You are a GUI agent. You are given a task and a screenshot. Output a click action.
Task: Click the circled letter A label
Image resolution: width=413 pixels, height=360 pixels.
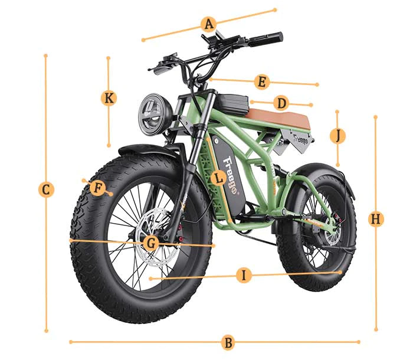tap(208, 24)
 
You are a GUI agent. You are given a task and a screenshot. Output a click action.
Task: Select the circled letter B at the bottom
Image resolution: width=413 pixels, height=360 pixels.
tap(228, 342)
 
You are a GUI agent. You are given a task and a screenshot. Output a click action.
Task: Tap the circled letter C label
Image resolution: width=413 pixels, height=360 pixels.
tap(46, 190)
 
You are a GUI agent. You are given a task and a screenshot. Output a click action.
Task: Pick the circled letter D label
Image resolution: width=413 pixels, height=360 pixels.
tap(281, 104)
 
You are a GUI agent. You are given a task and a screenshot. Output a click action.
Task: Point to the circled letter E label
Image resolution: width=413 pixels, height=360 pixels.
tap(262, 82)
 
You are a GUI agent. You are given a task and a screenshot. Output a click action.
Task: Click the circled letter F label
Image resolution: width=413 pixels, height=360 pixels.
tap(99, 188)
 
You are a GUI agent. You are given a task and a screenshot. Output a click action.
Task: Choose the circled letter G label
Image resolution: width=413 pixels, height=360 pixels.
tap(150, 242)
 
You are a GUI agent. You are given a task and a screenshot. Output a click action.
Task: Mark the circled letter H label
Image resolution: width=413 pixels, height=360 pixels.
tap(376, 220)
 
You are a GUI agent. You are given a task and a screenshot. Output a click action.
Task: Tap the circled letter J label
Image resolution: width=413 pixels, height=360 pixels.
tap(337, 136)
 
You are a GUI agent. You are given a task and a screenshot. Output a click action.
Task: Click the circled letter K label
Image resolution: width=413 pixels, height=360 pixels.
tap(109, 98)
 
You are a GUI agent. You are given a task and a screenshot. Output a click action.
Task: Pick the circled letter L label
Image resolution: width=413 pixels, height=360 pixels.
tap(218, 178)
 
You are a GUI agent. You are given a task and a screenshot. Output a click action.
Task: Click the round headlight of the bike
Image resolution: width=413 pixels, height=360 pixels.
tap(155, 112)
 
